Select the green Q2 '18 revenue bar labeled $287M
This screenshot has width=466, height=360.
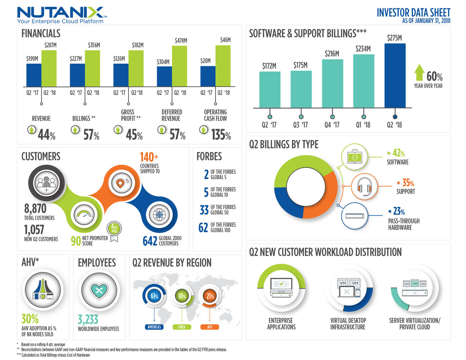[x=49, y=68]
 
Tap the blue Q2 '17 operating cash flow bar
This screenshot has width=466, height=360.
[x=208, y=76]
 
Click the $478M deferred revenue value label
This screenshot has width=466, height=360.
[x=181, y=40]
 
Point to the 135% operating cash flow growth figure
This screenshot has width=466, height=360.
[x=221, y=135]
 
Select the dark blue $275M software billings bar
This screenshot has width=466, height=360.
[x=395, y=76]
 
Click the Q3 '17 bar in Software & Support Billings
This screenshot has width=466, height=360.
[x=301, y=89]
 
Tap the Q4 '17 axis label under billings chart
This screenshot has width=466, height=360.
[x=332, y=125]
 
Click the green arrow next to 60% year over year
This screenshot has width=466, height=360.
[x=419, y=72]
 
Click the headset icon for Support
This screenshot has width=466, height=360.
[x=364, y=186]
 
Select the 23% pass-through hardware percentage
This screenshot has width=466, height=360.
[x=399, y=211]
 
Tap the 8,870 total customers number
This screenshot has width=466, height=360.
[x=35, y=209]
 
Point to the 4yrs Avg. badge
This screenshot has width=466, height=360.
[x=114, y=229]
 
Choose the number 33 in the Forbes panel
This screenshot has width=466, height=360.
[x=204, y=210]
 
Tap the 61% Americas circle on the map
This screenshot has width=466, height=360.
[x=154, y=296]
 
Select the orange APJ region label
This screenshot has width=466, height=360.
[x=209, y=327]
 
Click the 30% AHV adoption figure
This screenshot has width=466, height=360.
[x=30, y=319]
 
